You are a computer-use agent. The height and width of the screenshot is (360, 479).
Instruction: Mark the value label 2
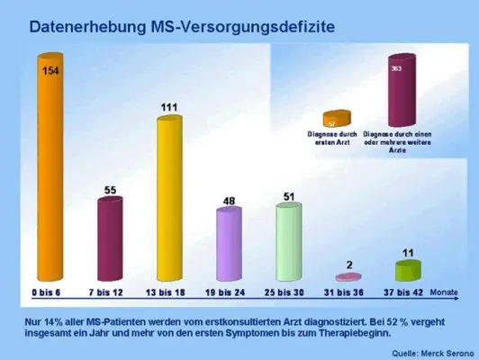point(349,264)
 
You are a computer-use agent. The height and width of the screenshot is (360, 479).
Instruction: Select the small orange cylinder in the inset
point(333,121)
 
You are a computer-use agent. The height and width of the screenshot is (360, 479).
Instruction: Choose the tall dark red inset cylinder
point(396,93)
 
